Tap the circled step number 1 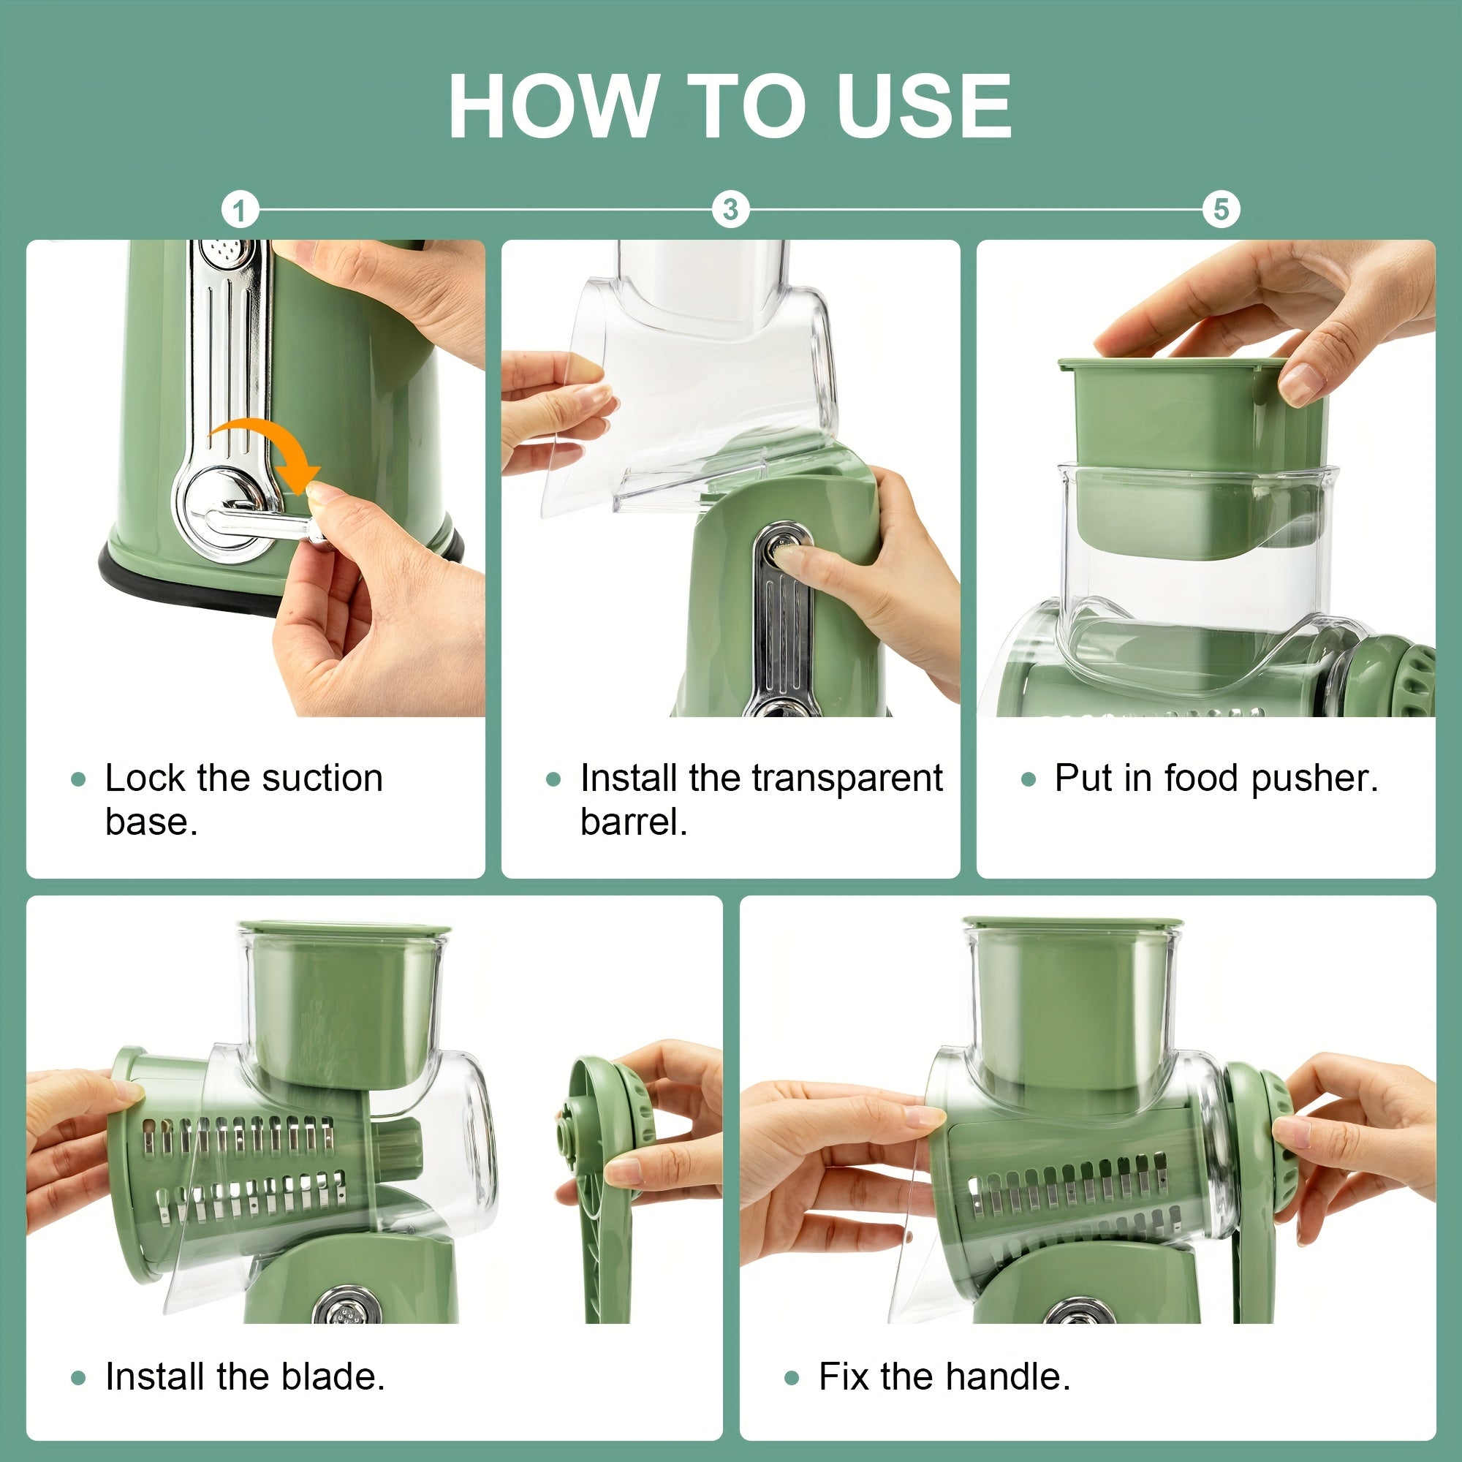(240, 211)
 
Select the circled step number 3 (730, 210)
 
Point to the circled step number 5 (1221, 210)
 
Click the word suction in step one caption (317, 779)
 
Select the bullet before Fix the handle (792, 1378)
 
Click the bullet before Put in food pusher (1028, 779)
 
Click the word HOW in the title (553, 107)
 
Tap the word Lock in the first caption (145, 779)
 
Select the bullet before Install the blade (78, 1378)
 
